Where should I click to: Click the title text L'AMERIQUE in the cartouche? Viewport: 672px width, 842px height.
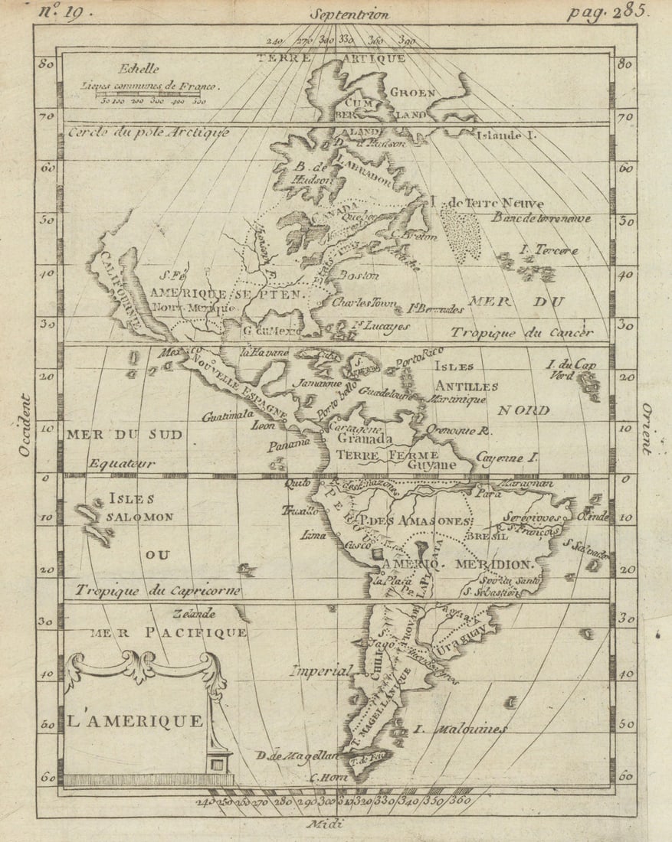coord(136,720)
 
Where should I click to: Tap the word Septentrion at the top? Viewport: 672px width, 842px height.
coord(349,14)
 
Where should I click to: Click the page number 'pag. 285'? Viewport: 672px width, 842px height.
coord(608,12)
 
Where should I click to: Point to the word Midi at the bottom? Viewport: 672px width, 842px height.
coord(325,824)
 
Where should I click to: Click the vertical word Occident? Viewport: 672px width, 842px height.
coord(25,426)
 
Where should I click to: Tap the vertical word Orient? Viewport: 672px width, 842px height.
coord(647,429)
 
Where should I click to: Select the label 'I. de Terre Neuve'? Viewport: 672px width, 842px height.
coord(487,204)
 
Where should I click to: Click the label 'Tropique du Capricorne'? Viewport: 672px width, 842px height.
coord(158,590)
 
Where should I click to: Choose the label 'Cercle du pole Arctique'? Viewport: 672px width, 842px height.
coord(148,132)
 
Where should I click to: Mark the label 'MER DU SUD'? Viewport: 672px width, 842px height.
coord(124,435)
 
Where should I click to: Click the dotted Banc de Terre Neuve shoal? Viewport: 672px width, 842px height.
coord(461,234)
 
